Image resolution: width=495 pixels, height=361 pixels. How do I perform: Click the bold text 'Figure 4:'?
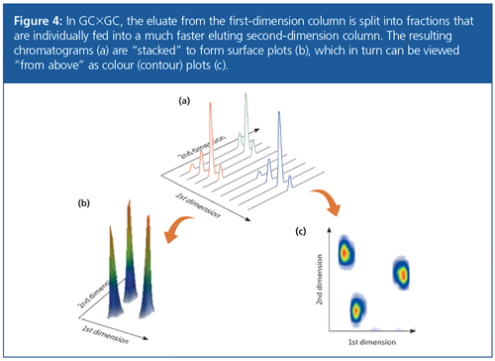[38, 21]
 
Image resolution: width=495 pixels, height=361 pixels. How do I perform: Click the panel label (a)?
[184, 101]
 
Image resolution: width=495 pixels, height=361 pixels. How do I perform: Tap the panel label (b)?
[83, 203]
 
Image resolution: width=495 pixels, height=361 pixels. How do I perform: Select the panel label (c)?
[300, 231]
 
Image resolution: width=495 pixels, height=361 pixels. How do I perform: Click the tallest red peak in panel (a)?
[211, 139]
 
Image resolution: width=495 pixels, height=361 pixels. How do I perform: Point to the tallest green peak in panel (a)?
[246, 122]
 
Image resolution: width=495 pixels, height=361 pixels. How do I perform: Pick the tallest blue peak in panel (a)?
[279, 147]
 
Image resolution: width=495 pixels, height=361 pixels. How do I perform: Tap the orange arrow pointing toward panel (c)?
[329, 200]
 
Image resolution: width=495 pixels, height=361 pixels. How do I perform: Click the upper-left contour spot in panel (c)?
[346, 254]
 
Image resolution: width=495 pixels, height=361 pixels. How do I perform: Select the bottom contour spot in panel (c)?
[356, 309]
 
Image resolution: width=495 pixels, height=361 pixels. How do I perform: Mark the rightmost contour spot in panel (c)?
[402, 274]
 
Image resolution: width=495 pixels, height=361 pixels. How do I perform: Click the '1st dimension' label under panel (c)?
[372, 342]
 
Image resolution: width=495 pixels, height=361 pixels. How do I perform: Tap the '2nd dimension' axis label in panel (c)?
[319, 280]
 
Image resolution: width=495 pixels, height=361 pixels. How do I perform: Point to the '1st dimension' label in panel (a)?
[197, 205]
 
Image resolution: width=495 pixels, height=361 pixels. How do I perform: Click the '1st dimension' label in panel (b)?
[105, 334]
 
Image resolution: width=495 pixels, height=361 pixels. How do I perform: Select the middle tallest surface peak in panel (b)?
[130, 251]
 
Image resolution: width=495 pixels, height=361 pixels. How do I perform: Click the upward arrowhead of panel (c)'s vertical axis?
[329, 229]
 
